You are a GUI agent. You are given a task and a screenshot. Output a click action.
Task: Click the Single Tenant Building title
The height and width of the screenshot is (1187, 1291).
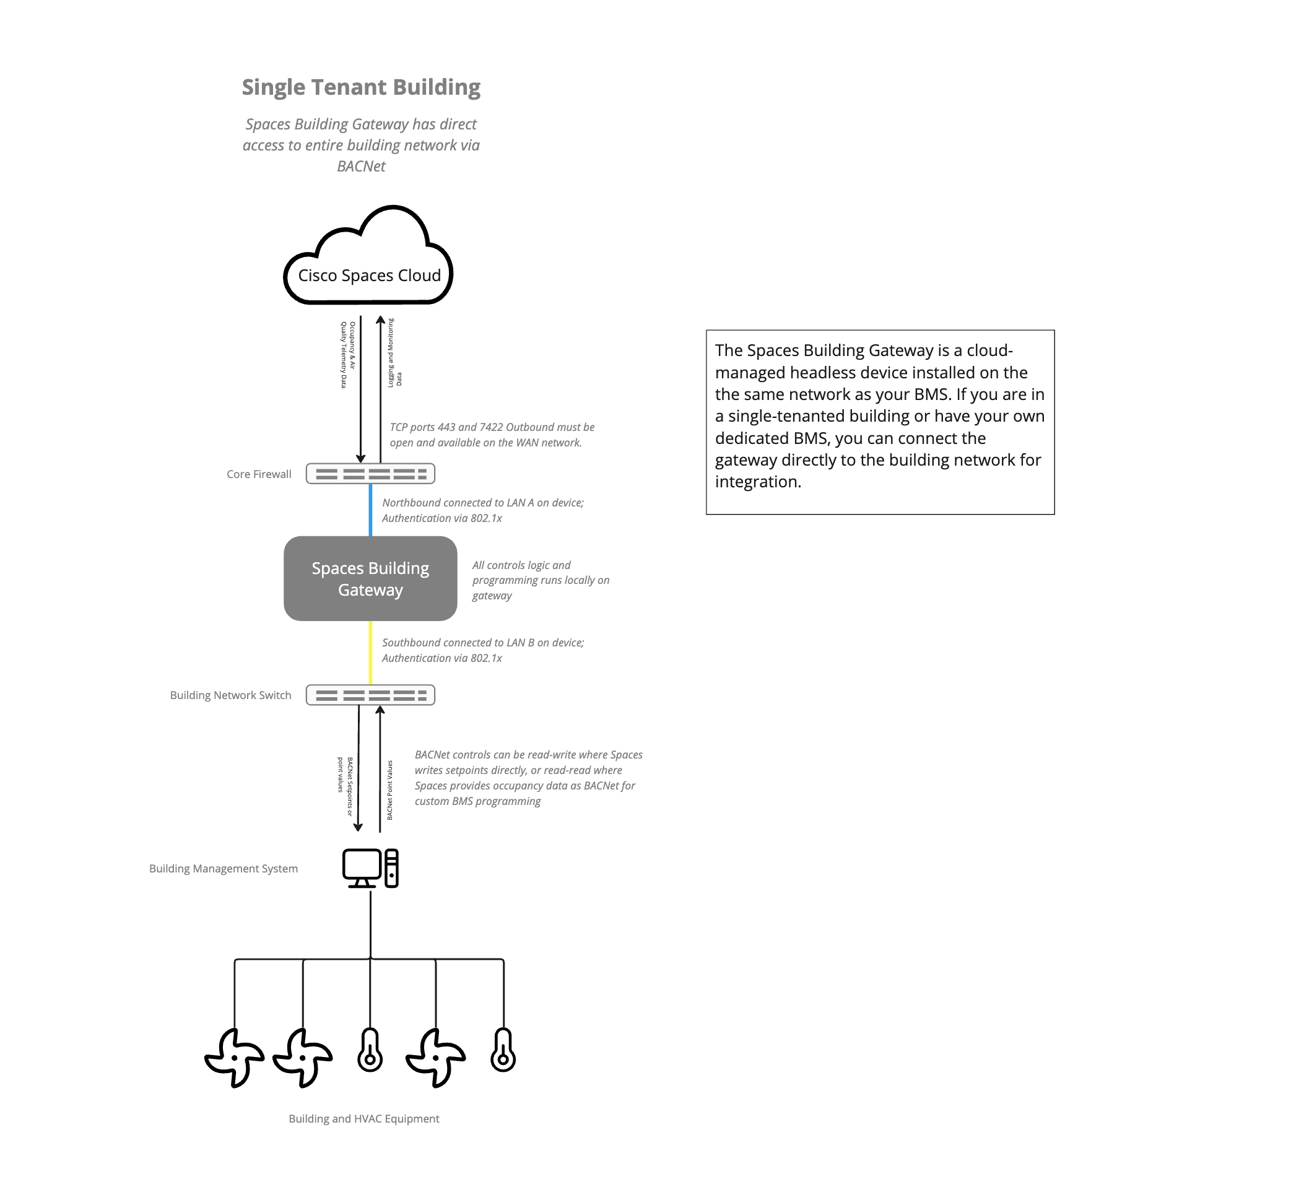pos(361,87)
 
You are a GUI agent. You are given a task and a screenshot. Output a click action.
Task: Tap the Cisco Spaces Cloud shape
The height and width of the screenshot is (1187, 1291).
pos(368,275)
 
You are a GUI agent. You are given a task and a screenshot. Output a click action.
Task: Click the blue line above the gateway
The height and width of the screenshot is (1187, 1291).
pos(371,510)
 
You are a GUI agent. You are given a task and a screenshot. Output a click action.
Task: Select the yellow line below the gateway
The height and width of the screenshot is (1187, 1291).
pos(371,653)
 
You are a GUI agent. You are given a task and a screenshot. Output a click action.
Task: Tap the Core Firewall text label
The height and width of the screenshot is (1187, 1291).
pos(259,474)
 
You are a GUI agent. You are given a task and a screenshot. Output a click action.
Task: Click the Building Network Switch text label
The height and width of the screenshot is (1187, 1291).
pos(230,695)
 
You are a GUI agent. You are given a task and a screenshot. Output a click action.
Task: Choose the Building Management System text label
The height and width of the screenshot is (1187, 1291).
pos(224,868)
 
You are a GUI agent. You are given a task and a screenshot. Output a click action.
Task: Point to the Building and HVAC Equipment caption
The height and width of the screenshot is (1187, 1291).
pos(363,1118)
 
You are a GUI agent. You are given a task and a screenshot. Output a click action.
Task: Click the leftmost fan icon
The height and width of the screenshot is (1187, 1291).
pos(235,1058)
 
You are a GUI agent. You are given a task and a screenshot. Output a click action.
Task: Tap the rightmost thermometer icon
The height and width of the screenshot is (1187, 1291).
pos(503,1050)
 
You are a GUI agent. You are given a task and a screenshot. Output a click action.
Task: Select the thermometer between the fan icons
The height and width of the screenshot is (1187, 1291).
pos(370,1050)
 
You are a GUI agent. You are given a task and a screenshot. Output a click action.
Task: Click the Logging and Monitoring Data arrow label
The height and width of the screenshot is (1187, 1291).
pos(394,352)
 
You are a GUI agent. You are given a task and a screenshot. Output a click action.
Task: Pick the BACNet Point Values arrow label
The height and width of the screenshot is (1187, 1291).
pos(390,790)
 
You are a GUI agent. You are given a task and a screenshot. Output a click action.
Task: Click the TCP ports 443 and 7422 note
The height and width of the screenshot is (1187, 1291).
pos(492,435)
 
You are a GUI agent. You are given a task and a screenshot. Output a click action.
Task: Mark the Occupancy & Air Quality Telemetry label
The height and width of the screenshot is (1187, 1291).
pos(347,355)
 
